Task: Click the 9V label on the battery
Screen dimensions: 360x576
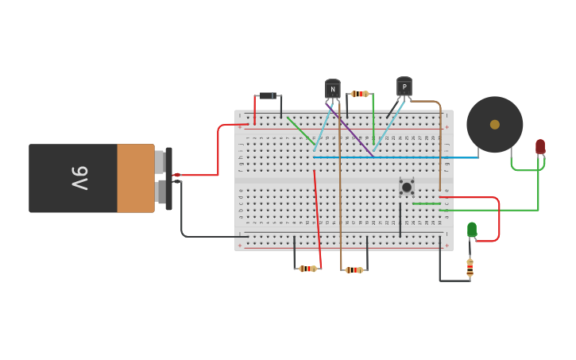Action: [x=79, y=178]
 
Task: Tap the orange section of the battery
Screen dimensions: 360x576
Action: [x=135, y=178]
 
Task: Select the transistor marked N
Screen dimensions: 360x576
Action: [x=333, y=90]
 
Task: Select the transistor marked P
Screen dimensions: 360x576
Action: [x=404, y=87]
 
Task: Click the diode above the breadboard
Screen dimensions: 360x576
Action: [x=269, y=96]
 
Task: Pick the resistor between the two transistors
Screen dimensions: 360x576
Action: [x=360, y=94]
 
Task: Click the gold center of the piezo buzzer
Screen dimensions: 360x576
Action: [x=495, y=124]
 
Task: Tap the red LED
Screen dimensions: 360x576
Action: [x=540, y=146]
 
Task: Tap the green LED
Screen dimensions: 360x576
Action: [x=472, y=229]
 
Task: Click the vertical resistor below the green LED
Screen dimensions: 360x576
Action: [x=470, y=267]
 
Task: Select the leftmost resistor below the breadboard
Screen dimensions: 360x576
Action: [x=307, y=269]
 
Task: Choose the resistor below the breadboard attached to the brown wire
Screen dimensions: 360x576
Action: [x=354, y=270]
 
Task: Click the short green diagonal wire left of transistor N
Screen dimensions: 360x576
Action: [x=300, y=130]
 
